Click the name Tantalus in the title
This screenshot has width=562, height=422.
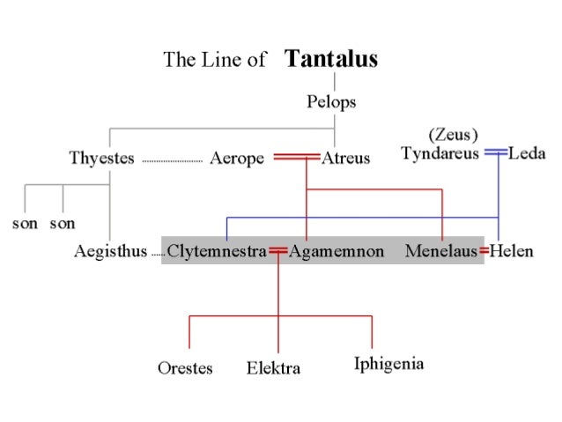coord(331,60)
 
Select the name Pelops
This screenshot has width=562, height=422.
coord(331,102)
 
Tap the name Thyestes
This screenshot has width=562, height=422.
coord(102,159)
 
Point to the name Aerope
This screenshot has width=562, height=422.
coord(237,159)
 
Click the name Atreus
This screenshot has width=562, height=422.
coord(345,159)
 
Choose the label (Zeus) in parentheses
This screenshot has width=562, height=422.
coord(453,136)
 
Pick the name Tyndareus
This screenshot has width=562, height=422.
coord(440,154)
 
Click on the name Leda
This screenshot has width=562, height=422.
coord(527,154)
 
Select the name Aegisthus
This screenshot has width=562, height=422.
coord(109,252)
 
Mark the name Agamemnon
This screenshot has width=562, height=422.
coord(336,252)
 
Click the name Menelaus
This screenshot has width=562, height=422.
coord(441,252)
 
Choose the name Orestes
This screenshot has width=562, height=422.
coord(185,368)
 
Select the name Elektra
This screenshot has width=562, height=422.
coord(273,368)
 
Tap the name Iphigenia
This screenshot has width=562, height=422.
coord(388,363)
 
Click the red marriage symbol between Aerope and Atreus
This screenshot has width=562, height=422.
coord(296,158)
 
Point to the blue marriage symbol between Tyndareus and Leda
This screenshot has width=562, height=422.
coord(496,153)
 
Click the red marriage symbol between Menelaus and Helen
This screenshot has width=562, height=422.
coord(484,252)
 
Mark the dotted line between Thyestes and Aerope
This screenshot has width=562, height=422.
coord(172,161)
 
